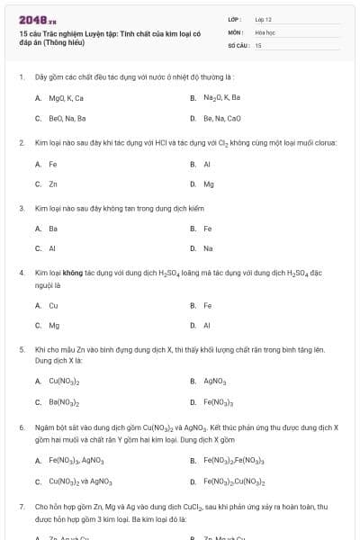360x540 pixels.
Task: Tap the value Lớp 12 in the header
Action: pyautogui.click(x=263, y=18)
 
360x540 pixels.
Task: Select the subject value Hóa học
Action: pyautogui.click(x=264, y=31)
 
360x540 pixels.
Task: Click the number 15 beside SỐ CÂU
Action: pyautogui.click(x=258, y=44)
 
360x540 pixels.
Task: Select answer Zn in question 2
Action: pyautogui.click(x=53, y=184)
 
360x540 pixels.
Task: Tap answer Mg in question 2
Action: pyautogui.click(x=209, y=184)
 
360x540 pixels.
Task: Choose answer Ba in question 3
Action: pyautogui.click(x=53, y=228)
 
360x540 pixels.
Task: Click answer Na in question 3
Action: pyautogui.click(x=208, y=248)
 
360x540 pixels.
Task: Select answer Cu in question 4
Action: pyautogui.click(x=53, y=305)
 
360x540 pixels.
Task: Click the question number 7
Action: pyautogui.click(x=21, y=508)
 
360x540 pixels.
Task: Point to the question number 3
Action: pyautogui.click(x=21, y=207)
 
